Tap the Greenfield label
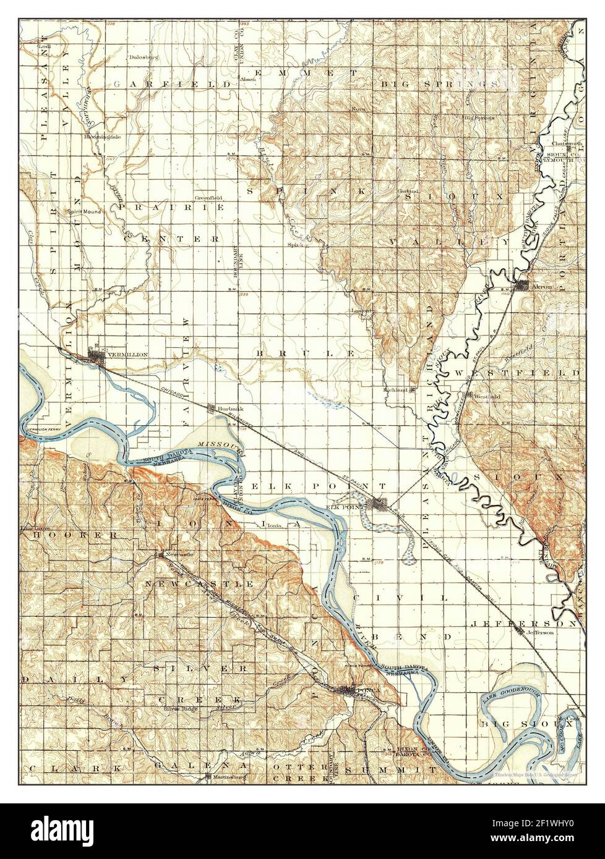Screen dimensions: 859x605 click(208, 198)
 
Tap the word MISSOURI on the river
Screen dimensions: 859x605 click(220, 444)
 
